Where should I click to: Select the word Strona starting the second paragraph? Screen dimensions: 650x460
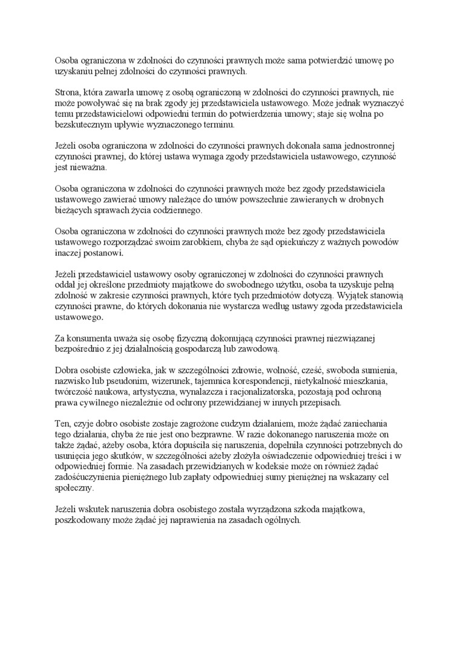coord(68,93)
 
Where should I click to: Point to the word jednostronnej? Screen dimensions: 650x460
coord(370,146)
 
